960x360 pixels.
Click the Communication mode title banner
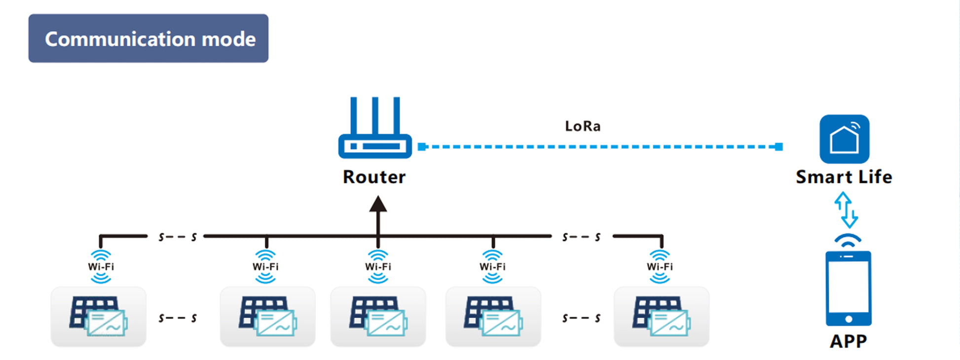point(148,38)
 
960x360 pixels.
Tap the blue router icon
point(375,128)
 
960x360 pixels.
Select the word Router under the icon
point(374,177)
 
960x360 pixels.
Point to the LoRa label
point(583,126)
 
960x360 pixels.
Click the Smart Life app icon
point(844,139)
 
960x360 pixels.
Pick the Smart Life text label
point(844,177)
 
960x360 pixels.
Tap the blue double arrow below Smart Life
point(846,210)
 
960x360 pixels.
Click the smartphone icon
point(849,288)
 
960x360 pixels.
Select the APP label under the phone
point(848,341)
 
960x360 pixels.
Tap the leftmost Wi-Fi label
point(101,267)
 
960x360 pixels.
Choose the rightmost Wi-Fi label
point(660,267)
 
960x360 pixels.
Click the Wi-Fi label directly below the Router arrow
point(378,267)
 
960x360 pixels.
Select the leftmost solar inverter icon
point(98,317)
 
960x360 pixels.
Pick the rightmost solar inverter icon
point(662,317)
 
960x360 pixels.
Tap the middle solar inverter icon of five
point(378,317)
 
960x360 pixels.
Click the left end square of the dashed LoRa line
point(422,146)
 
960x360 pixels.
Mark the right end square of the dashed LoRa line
point(779,146)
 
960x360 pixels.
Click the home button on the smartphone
point(849,319)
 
